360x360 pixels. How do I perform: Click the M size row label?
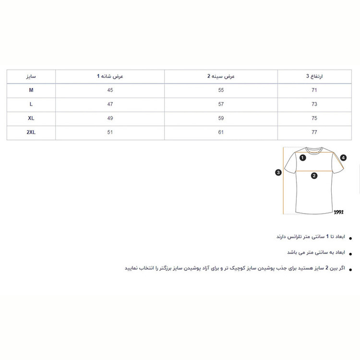pos(31,90)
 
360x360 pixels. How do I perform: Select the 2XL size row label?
pos(31,132)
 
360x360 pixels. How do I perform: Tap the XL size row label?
pos(31,119)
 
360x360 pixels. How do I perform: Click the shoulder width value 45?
pos(110,90)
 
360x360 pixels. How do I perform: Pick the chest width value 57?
pos(221,104)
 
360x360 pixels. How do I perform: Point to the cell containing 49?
pos(110,119)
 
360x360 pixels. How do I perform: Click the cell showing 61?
pos(221,132)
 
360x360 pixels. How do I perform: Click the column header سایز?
pos(31,76)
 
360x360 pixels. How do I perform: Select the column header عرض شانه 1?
pos(110,76)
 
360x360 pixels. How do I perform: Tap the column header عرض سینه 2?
pos(221,76)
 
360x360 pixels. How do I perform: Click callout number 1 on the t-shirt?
pos(303,157)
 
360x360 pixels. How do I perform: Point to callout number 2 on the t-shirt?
pos(314,176)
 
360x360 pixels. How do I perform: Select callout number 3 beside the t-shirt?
pos(278,172)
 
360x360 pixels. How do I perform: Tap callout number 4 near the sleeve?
pos(343,157)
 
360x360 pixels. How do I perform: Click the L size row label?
pos(31,104)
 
